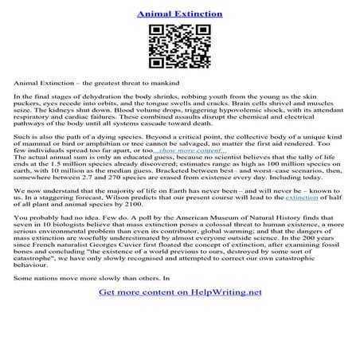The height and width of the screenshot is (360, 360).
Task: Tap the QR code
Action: point(179,49)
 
